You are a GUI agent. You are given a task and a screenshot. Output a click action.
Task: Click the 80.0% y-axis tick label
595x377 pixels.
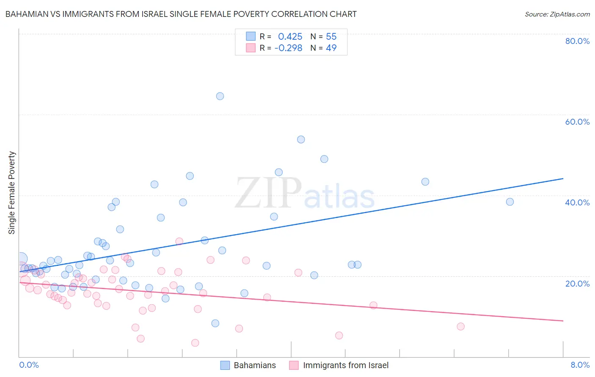577,41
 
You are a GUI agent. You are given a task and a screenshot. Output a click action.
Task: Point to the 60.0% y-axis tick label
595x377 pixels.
577,122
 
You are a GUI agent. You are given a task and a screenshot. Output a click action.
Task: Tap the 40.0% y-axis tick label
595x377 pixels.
577,202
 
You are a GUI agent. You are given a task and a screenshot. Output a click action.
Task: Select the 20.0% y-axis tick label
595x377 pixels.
577,284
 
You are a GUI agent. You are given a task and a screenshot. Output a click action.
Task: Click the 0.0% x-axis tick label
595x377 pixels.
29,365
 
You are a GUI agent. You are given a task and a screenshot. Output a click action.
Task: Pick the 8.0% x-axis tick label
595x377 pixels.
580,365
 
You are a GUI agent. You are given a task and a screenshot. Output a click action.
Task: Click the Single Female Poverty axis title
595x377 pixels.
12,193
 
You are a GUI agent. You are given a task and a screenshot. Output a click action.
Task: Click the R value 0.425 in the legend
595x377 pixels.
290,37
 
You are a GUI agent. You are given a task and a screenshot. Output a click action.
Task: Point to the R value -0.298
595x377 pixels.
288,48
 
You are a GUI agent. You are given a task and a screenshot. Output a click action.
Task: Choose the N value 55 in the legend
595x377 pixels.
331,37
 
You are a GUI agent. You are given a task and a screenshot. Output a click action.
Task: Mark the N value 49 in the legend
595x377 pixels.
331,48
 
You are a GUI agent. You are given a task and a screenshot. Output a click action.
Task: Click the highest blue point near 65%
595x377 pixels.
220,96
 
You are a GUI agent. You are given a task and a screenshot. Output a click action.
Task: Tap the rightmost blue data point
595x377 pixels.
510,202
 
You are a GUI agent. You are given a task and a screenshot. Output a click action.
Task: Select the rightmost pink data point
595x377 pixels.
461,326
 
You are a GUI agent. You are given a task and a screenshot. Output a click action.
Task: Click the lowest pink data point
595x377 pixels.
195,343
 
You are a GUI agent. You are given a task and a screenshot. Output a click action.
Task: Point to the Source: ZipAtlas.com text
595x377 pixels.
557,14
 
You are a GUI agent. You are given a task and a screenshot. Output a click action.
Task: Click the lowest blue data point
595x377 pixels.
215,323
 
